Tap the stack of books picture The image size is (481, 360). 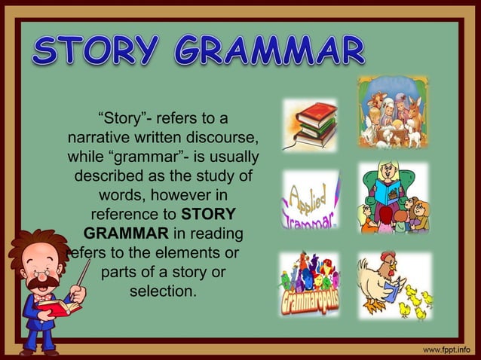pos(310,125)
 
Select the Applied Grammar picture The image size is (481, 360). pos(310,200)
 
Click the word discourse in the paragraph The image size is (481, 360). pos(226,139)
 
